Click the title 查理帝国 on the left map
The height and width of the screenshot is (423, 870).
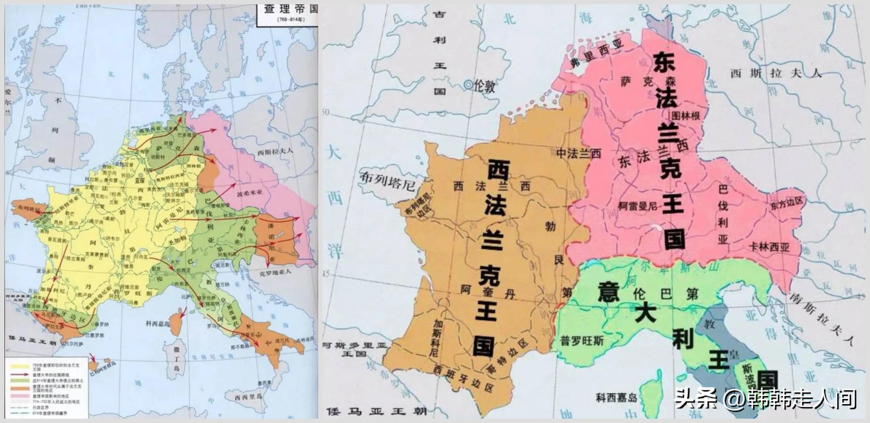pyautogui.click(x=290, y=9)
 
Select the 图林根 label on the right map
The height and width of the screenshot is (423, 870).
pyautogui.click(x=686, y=116)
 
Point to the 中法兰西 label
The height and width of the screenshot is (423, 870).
pyautogui.click(x=579, y=154)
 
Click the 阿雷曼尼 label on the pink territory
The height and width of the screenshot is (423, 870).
pyautogui.click(x=638, y=206)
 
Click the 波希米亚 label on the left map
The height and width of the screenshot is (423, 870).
pyautogui.click(x=249, y=194)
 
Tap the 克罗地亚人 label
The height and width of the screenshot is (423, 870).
pyautogui.click(x=275, y=272)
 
